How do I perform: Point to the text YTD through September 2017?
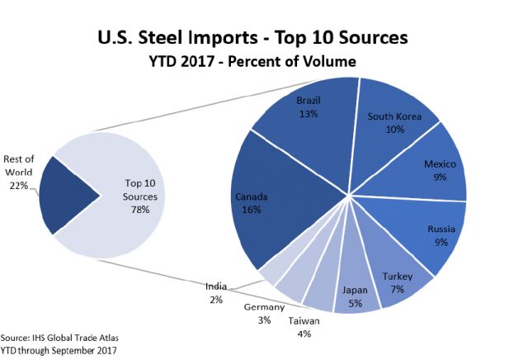[x=59, y=349]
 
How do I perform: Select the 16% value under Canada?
[x=252, y=210]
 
